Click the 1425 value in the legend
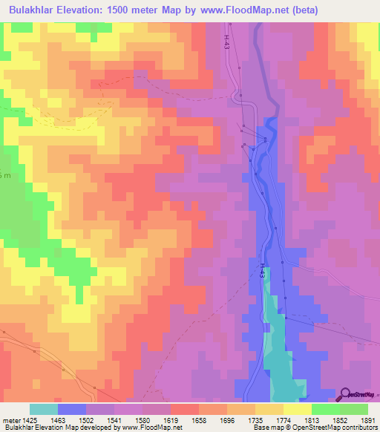coord(29,419)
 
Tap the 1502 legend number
coord(85,419)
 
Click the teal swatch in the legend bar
coord(44,409)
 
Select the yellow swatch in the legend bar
coord(298,409)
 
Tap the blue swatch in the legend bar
coord(72,409)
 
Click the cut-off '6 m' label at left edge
coord(5,174)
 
